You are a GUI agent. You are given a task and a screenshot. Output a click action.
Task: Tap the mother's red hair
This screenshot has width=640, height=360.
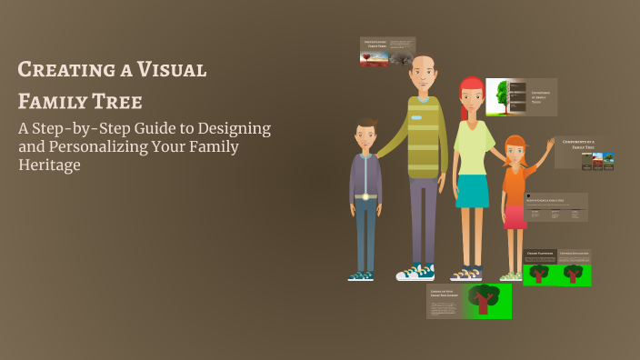point(472,86)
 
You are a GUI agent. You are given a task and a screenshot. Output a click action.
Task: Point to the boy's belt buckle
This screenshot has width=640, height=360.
point(365,196)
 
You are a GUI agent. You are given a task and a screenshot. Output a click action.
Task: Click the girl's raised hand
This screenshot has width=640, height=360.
point(551,144)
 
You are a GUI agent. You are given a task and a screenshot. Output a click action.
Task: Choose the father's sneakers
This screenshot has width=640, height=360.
point(415,271)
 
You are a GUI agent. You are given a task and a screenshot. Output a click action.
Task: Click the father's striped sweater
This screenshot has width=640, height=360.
point(422,136)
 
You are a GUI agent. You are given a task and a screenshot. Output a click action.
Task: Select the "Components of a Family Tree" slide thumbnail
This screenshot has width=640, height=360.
point(585,153)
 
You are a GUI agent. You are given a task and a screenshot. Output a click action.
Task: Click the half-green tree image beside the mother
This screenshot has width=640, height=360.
point(497,96)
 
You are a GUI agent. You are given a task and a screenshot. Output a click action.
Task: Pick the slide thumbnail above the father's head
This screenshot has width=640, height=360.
point(387,51)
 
